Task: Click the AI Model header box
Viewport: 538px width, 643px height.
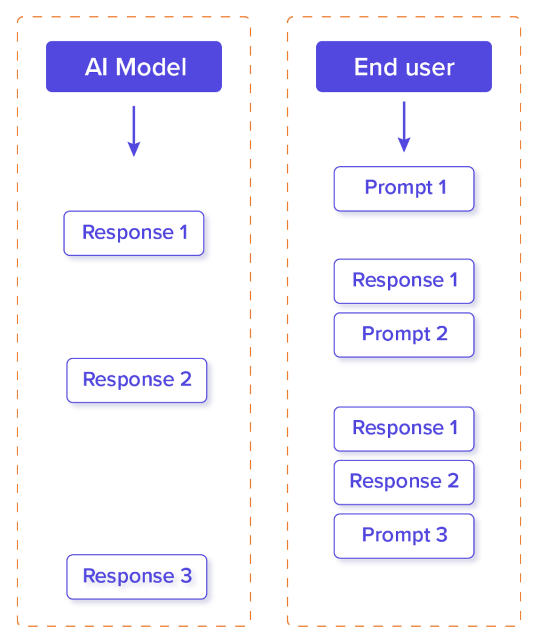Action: [134, 66]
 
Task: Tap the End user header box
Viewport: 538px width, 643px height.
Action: [404, 66]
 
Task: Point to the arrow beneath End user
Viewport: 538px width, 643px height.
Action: [404, 128]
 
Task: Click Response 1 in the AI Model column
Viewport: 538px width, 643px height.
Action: [134, 233]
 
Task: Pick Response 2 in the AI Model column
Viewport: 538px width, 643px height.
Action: [137, 380]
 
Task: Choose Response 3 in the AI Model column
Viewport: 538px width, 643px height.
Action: [137, 576]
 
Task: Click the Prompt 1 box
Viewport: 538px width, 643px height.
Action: [404, 188]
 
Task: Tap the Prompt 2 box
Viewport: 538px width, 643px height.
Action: [404, 334]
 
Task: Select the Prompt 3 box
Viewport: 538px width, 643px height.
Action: [404, 535]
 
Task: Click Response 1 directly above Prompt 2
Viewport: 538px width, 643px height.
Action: [404, 280]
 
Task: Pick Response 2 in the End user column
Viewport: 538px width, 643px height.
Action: [404, 482]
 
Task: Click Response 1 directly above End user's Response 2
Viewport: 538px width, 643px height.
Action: [404, 428]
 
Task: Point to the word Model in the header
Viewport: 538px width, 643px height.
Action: [151, 67]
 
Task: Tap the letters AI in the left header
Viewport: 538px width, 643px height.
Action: [96, 67]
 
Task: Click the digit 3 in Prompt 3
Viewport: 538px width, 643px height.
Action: [441, 535]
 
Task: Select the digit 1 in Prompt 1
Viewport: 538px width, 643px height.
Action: [442, 187]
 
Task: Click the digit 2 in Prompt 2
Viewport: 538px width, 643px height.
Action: [441, 334]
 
